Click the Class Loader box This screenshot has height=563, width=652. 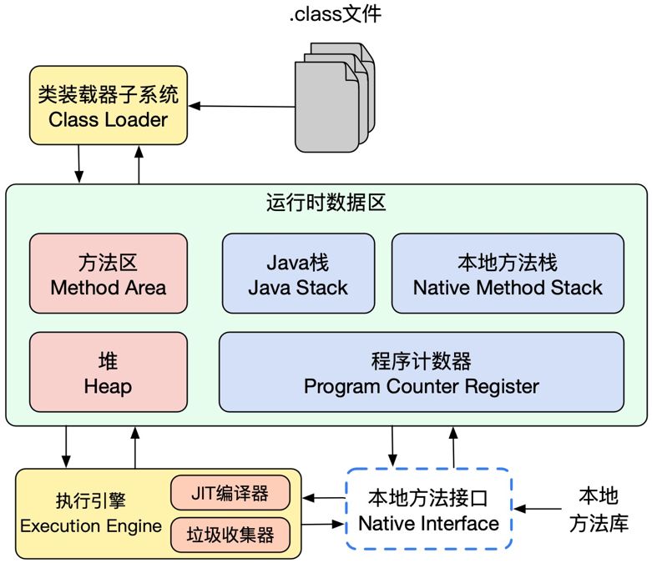(x=109, y=106)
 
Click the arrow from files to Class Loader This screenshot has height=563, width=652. (x=242, y=106)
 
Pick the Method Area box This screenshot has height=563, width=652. (x=109, y=274)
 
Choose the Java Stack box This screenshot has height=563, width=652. (x=298, y=274)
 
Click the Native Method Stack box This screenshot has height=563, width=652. (x=508, y=274)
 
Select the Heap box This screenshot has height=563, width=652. (x=109, y=372)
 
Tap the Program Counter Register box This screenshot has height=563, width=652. (x=421, y=372)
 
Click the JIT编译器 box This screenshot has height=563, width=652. (x=230, y=493)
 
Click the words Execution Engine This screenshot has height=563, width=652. (x=91, y=525)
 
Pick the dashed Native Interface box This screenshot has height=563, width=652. (x=428, y=510)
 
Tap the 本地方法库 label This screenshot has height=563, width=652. (x=599, y=510)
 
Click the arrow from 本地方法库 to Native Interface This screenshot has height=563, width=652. (x=539, y=508)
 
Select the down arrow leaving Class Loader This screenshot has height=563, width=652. (x=79, y=164)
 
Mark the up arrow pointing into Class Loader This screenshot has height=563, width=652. (x=139, y=164)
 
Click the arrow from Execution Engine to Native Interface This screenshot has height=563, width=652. (x=324, y=525)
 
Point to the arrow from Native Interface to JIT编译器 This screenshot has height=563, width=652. (x=324, y=498)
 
